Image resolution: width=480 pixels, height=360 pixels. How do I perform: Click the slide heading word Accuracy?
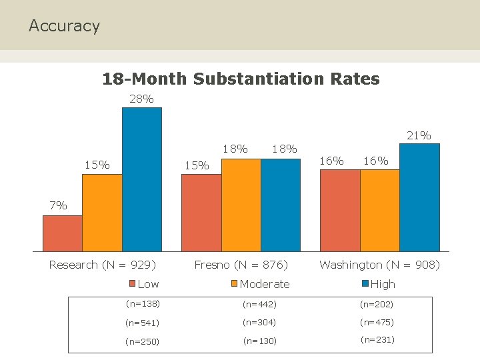click(64, 26)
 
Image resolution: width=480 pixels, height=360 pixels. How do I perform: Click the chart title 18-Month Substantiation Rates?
click(241, 79)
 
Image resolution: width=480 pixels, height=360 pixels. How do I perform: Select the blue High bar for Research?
click(141, 179)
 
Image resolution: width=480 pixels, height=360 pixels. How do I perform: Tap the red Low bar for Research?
click(63, 233)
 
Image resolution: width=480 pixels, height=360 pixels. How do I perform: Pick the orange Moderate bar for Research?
click(102, 213)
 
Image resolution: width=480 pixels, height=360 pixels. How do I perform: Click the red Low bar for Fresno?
click(201, 213)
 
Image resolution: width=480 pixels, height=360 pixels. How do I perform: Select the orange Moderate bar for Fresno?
click(241, 205)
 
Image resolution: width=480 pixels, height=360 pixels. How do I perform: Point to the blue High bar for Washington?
click(419, 197)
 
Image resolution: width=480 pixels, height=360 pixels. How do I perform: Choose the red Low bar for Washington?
click(340, 211)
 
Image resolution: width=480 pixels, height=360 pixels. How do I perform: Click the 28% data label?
click(141, 99)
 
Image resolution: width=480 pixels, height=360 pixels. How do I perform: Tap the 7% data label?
click(58, 205)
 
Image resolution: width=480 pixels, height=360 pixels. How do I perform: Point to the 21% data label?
click(419, 135)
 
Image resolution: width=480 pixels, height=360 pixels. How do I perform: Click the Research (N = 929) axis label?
click(103, 265)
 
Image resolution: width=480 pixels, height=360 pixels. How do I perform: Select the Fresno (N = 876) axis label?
click(241, 265)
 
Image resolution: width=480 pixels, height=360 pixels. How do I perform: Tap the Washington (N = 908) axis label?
click(379, 265)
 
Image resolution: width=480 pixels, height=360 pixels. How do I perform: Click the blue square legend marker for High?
click(365, 283)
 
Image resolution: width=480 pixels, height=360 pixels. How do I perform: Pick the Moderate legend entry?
click(260, 284)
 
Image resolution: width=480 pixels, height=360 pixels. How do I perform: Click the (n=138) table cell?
click(143, 304)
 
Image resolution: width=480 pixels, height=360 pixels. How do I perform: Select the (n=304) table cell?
click(259, 322)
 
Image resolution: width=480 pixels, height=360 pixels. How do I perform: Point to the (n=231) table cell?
click(377, 339)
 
